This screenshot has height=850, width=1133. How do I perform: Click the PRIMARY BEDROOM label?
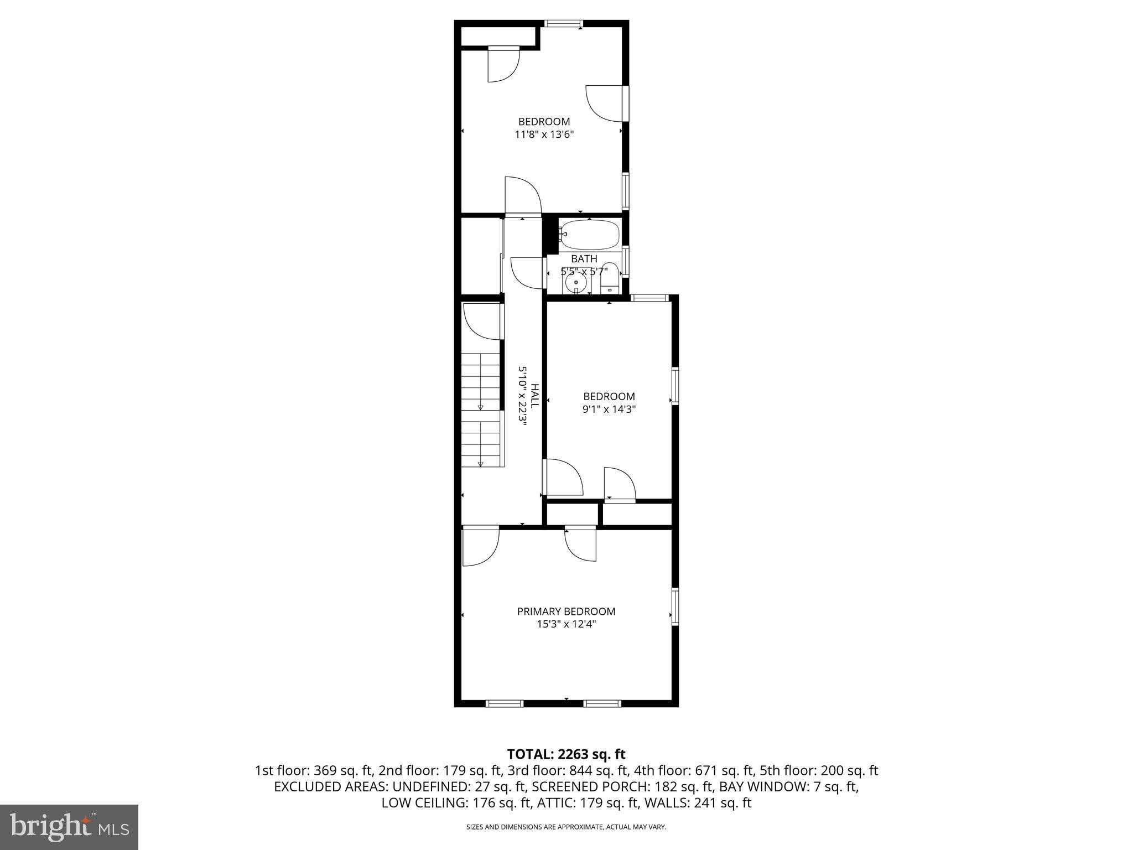click(x=566, y=611)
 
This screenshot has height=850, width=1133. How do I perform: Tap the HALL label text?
click(x=534, y=396)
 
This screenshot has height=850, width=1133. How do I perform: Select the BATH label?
click(x=584, y=259)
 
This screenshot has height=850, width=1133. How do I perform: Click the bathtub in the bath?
click(x=589, y=235)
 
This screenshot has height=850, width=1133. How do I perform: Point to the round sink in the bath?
click(x=576, y=283)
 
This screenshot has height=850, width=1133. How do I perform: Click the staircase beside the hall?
click(x=482, y=410)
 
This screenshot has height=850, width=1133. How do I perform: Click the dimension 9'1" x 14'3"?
click(x=609, y=410)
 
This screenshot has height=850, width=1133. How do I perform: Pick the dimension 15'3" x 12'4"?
click(x=566, y=624)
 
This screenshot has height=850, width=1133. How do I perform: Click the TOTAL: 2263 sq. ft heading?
click(x=566, y=754)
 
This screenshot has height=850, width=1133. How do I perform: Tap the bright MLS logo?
click(x=69, y=827)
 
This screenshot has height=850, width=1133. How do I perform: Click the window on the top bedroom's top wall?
click(x=563, y=24)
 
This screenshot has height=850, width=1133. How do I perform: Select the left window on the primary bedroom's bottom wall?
click(x=504, y=703)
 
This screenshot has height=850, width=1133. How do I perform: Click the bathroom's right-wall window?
click(x=625, y=261)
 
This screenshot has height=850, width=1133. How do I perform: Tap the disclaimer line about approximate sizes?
click(x=566, y=827)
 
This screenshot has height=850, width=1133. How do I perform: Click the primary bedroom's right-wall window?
click(x=675, y=607)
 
